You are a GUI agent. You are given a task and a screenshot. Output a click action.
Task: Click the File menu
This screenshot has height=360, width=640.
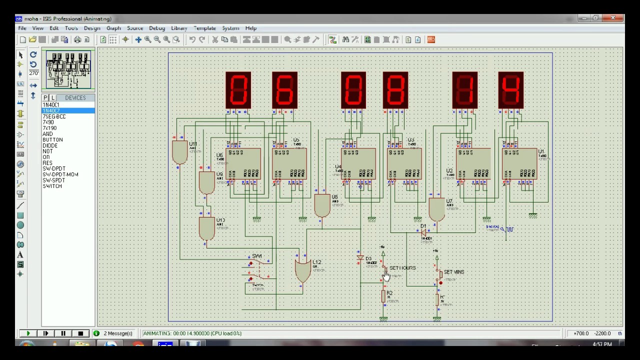point(22,28)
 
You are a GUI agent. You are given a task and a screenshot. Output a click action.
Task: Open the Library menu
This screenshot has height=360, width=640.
point(179,28)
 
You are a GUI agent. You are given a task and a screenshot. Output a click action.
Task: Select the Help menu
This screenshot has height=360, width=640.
point(250,28)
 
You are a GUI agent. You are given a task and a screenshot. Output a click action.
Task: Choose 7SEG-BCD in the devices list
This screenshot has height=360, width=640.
point(54,116)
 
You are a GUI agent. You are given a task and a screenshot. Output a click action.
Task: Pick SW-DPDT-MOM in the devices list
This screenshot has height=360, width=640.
point(60,174)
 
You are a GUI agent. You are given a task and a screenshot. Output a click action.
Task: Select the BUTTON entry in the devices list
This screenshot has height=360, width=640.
point(52,140)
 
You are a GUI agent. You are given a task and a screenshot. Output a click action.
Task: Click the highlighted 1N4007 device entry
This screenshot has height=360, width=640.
point(51,110)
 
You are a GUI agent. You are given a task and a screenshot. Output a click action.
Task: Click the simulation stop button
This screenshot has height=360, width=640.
point(80,333)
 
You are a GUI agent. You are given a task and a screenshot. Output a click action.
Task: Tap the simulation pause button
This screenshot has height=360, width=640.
point(63,333)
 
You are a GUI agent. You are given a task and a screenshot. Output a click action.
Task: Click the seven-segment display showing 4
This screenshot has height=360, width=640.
point(510,90)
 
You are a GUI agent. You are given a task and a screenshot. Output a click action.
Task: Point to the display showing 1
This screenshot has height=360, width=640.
point(464,90)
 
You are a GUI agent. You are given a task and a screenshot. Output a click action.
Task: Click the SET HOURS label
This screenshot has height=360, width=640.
point(402,268)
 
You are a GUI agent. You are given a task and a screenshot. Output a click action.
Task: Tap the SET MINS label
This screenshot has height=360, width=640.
point(454,272)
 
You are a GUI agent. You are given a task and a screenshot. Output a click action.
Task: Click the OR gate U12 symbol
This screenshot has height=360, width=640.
point(302,270)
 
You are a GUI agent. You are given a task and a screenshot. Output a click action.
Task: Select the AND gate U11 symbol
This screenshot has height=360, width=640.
point(179,152)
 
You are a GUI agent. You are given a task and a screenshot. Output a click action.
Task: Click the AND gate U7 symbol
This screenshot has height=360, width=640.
point(436,209)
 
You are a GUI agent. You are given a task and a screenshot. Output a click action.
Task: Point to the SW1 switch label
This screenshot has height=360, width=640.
point(257,256)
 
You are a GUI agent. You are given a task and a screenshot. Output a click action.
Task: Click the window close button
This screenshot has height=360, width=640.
point(613,18)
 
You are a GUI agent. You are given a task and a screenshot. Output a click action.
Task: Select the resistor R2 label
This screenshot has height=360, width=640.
point(389,293)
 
